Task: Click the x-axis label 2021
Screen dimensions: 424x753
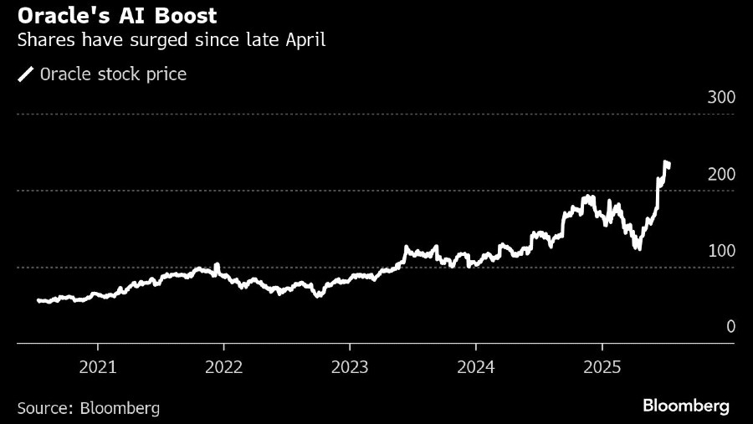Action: pyautogui.click(x=97, y=366)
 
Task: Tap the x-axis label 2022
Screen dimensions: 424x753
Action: pyautogui.click(x=223, y=366)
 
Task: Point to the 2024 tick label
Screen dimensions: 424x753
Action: pyautogui.click(x=475, y=366)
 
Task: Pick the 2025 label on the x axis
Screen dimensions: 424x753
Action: pyautogui.click(x=602, y=366)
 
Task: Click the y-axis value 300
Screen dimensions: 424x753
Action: pyautogui.click(x=720, y=98)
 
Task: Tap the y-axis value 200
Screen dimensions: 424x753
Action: pyautogui.click(x=720, y=175)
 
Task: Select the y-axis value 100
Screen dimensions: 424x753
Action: pyautogui.click(x=720, y=251)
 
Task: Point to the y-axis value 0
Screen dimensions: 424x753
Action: pyautogui.click(x=730, y=327)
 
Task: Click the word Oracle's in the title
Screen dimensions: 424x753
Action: pyautogui.click(x=60, y=15)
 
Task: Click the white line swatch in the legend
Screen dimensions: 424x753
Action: pyautogui.click(x=25, y=74)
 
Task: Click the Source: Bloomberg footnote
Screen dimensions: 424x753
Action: pyautogui.click(x=88, y=407)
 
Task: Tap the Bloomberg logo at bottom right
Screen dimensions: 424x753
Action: pyautogui.click(x=686, y=406)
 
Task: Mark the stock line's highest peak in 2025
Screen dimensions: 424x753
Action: pyautogui.click(x=666, y=162)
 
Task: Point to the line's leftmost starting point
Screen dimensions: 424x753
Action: pyautogui.click(x=38, y=300)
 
